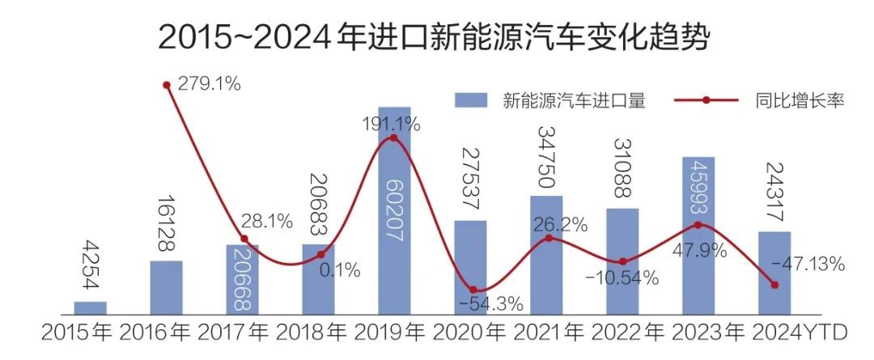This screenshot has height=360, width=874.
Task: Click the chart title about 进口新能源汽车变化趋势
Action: click(435, 36)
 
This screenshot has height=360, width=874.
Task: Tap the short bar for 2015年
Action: click(90, 307)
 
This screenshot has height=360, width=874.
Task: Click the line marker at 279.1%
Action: click(167, 84)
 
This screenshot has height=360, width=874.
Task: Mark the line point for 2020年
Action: click(473, 290)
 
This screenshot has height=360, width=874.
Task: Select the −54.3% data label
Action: click(490, 305)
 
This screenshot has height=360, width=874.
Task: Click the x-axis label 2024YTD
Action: click(800, 333)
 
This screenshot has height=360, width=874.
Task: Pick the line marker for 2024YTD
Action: click(775, 285)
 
